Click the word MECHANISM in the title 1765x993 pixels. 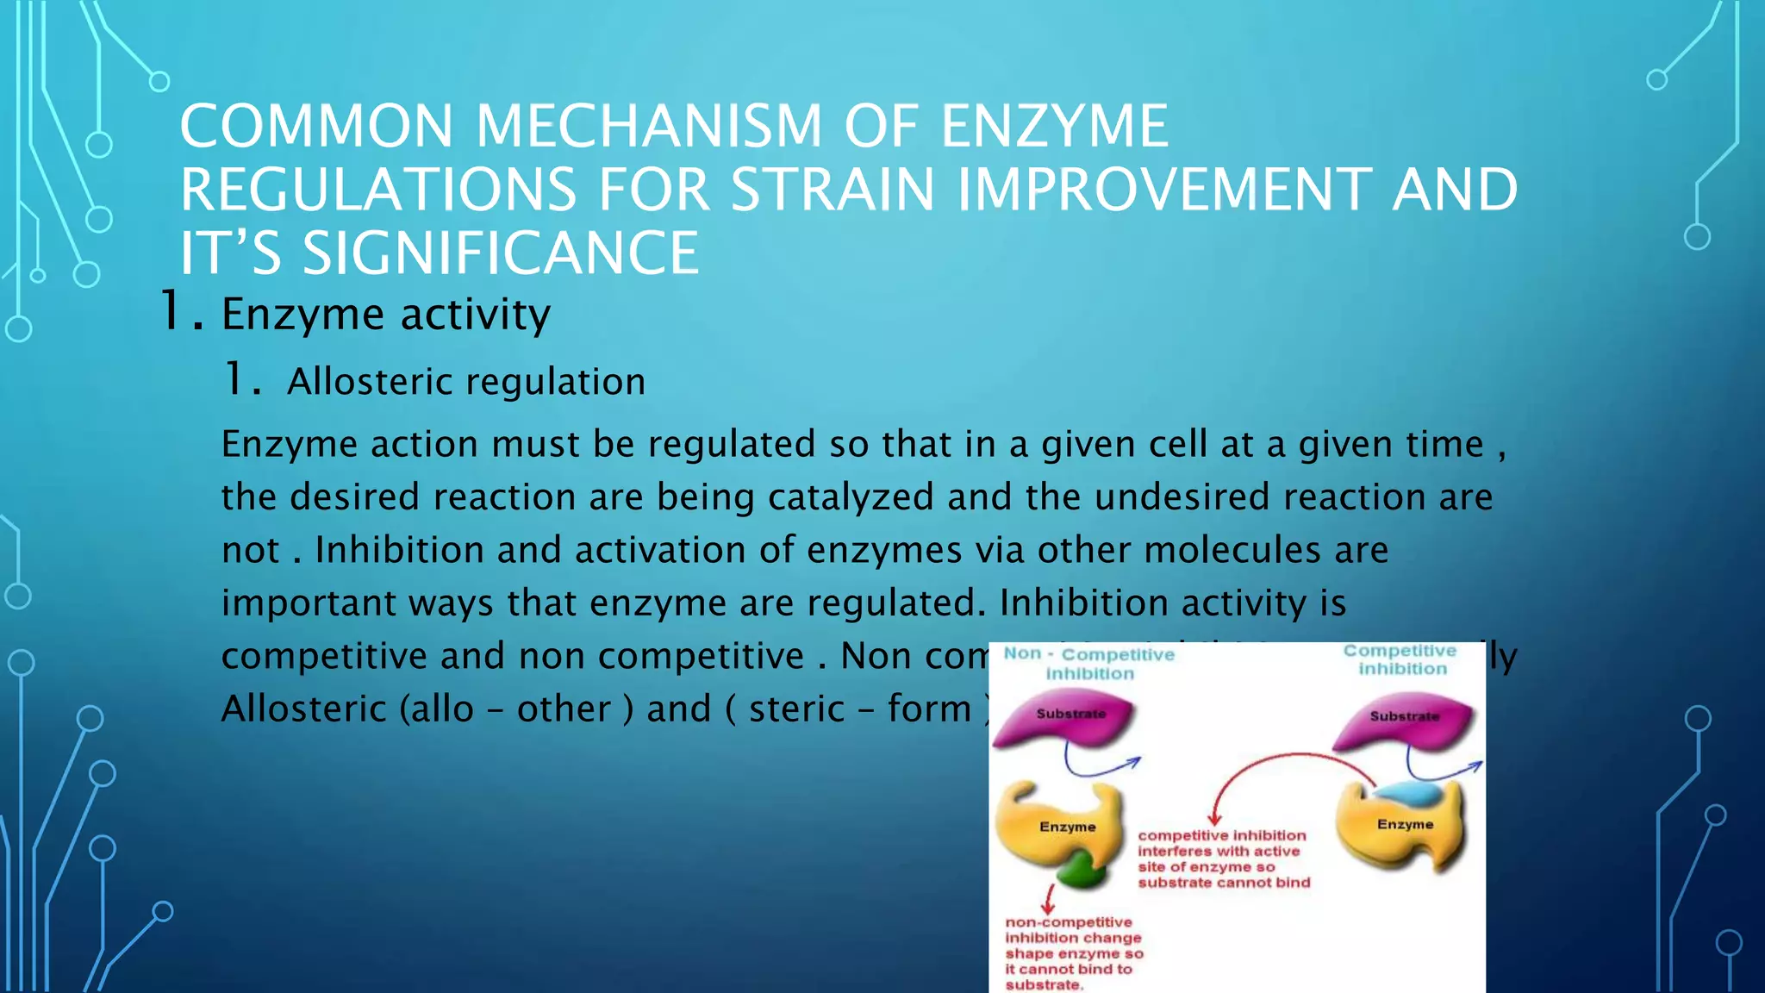point(649,126)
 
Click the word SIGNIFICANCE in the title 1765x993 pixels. point(500,253)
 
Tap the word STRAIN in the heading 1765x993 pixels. point(833,190)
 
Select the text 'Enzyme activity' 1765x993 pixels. point(385,314)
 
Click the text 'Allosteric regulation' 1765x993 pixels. point(465,382)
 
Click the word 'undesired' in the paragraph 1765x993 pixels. point(1182,497)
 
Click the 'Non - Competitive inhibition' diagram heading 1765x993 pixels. point(1089,664)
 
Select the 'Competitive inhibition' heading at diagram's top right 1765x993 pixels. point(1400,659)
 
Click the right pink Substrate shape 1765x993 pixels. point(1402,721)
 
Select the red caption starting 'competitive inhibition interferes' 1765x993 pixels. point(1223,859)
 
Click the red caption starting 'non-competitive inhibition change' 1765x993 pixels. point(1073,953)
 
